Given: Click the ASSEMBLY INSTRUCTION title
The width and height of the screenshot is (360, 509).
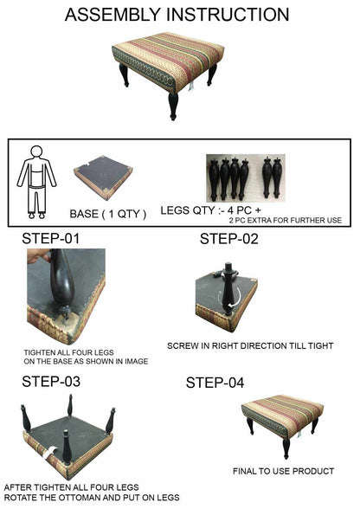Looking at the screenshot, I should pos(177,15).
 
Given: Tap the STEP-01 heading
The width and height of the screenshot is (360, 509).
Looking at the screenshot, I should pos(57,238).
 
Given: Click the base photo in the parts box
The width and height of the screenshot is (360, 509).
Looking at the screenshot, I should pos(102,177).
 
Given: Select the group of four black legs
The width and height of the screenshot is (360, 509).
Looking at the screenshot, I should pos(228,177).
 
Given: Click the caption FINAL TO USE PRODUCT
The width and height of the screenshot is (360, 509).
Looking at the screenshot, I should pos(283,471).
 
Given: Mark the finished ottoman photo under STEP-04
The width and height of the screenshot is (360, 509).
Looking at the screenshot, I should pos(282,420).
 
